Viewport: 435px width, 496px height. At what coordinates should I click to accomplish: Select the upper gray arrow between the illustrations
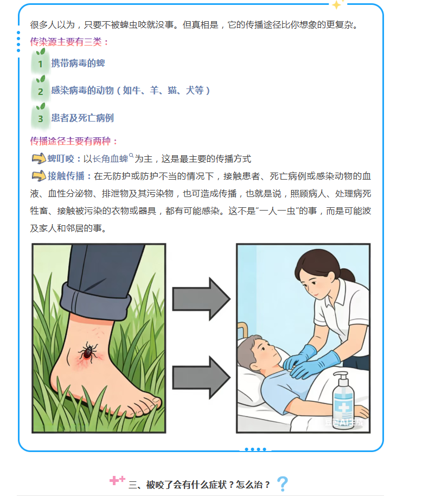tap(201, 299)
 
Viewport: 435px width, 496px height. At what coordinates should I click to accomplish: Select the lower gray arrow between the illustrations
tap(201, 377)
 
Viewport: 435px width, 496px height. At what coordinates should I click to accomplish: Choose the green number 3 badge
tap(41, 117)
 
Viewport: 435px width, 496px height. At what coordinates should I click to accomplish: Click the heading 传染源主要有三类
tap(69, 42)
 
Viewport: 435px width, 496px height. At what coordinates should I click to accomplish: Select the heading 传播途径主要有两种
tap(74, 141)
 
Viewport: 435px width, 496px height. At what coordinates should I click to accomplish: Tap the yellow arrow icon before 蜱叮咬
tap(39, 158)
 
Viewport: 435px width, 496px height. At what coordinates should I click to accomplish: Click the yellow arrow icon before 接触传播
tap(39, 176)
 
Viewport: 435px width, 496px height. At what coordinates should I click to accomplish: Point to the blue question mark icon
tap(283, 484)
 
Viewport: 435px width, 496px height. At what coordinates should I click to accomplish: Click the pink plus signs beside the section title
tap(117, 480)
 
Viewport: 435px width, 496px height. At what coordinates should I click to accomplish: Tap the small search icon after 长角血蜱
tap(131, 155)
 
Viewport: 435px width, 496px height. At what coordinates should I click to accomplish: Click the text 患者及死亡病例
tap(82, 118)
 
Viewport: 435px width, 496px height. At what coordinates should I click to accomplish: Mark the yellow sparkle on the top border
tap(337, 4)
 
